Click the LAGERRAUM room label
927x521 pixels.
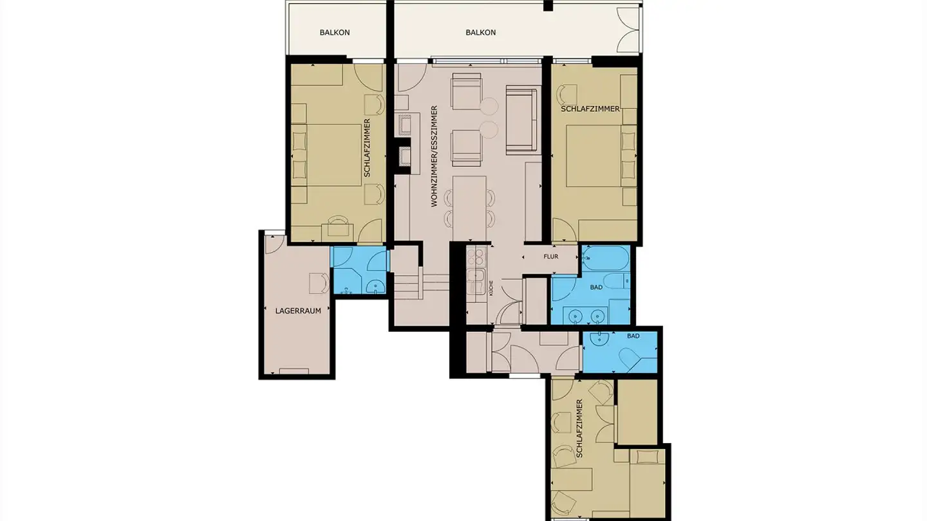click(298, 310)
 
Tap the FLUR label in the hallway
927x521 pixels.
click(550, 257)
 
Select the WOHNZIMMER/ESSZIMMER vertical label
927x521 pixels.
click(435, 156)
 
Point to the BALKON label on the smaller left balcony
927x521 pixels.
click(335, 32)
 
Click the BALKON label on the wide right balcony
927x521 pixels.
click(481, 32)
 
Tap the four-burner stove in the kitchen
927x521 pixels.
click(478, 257)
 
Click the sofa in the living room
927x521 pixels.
click(521, 120)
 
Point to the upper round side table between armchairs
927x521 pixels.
click(489, 106)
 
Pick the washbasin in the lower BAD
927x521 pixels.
click(601, 341)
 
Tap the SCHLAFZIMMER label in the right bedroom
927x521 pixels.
click(590, 109)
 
